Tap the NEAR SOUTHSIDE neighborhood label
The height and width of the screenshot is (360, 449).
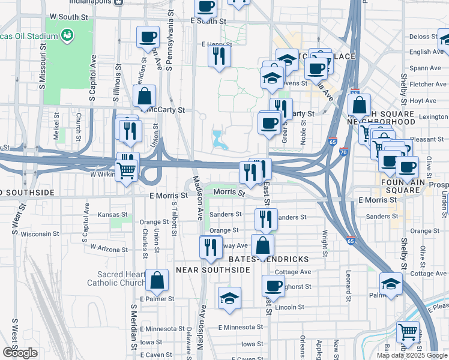[x=212, y=270]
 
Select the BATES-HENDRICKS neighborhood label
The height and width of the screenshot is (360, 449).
[x=269, y=259]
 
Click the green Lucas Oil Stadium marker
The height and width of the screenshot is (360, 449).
[x=67, y=35]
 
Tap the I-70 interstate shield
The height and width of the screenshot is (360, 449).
[x=343, y=152]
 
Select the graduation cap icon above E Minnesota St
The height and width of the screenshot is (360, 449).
[x=229, y=298]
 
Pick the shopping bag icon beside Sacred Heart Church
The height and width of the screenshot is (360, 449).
[x=157, y=280]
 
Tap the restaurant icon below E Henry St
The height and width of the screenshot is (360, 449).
[x=218, y=56]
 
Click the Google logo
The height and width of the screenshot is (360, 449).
[x=20, y=353]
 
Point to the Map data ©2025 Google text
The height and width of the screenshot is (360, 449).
[x=411, y=355]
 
